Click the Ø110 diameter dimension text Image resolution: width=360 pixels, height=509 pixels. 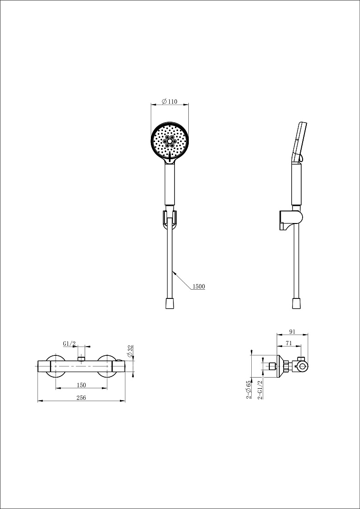click(x=169, y=102)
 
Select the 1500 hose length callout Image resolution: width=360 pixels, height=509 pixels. click(x=199, y=286)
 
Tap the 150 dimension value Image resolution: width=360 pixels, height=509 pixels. click(x=81, y=385)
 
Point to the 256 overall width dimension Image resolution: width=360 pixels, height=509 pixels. click(x=81, y=398)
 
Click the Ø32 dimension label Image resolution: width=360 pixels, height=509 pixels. click(x=130, y=352)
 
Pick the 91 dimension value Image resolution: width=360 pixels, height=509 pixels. click(x=292, y=331)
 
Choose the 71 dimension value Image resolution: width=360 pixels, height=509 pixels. click(x=289, y=343)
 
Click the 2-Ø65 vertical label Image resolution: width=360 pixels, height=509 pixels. click(x=248, y=389)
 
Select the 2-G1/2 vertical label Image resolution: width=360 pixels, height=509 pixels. click(x=260, y=390)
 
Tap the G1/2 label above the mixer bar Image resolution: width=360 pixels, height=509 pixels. click(x=69, y=343)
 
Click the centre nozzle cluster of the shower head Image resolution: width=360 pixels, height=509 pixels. click(x=169, y=142)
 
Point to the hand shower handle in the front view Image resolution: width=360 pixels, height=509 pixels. click(x=170, y=184)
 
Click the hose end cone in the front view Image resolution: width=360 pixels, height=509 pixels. click(x=169, y=303)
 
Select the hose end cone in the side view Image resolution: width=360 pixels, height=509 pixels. click(x=296, y=303)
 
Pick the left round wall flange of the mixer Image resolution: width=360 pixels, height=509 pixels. click(x=56, y=366)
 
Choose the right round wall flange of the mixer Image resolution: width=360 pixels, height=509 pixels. click(x=107, y=366)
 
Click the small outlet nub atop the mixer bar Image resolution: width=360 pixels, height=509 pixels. click(x=81, y=358)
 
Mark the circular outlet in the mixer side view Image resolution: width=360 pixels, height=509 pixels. click(x=302, y=367)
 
